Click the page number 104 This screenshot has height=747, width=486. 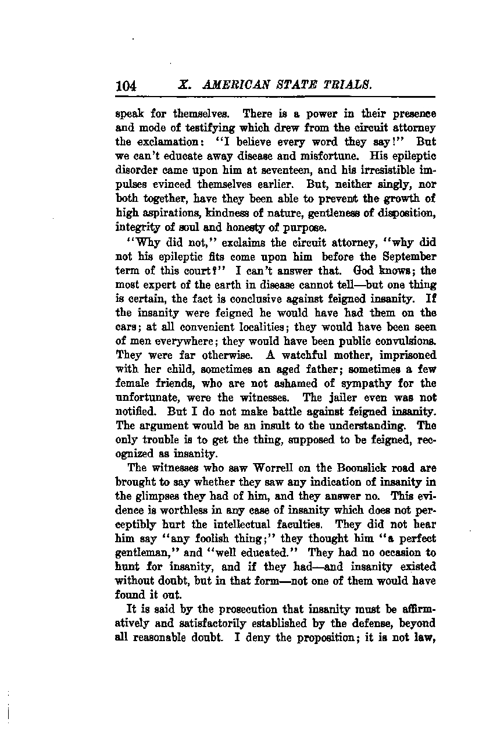click(126, 86)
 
